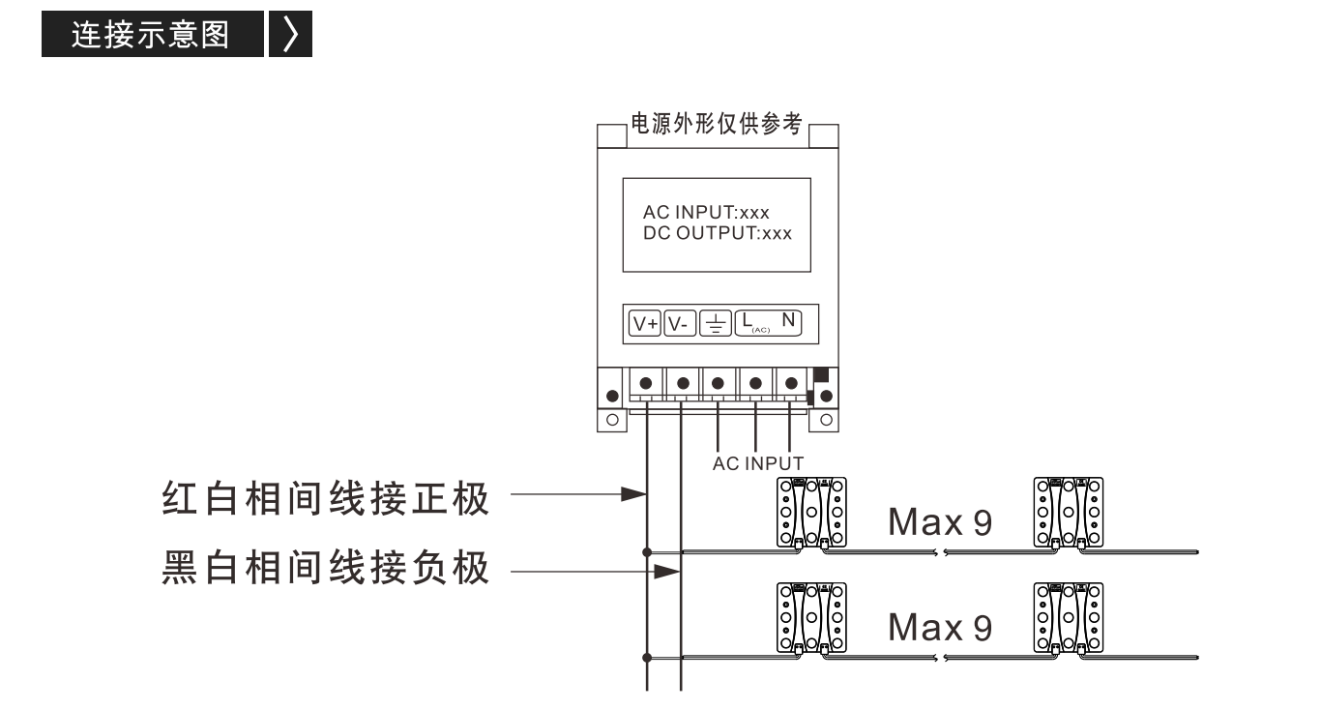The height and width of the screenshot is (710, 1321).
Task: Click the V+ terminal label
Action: coord(644,324)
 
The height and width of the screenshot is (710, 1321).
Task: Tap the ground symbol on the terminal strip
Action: coord(716,324)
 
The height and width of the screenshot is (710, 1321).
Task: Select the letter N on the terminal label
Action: coord(788,320)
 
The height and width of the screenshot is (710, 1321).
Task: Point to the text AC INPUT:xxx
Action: coord(706,212)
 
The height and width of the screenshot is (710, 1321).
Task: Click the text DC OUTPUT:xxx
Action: coord(718,233)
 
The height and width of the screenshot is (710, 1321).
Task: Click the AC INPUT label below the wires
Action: coord(758,463)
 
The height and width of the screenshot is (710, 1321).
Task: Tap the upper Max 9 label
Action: coord(940,522)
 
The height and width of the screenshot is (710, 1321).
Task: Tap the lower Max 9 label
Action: coord(940,627)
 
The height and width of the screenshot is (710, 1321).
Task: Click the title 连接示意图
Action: coord(151,34)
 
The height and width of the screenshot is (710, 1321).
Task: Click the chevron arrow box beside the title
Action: coord(290,34)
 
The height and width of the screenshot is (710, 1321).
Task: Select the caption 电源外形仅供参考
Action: coord(717,124)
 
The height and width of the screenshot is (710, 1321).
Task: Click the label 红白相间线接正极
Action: coord(325,499)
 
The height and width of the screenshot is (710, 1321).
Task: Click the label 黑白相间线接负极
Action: coord(325,567)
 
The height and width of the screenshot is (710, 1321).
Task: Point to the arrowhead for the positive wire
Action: coord(634,494)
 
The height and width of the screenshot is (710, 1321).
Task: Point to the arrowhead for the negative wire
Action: coord(667,572)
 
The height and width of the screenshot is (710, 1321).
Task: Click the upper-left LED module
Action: coord(811,513)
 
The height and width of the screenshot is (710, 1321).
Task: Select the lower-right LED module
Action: coord(1068,618)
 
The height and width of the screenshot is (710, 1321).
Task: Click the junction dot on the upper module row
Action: coord(647,552)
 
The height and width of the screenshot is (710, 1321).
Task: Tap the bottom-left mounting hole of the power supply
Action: coord(612,420)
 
